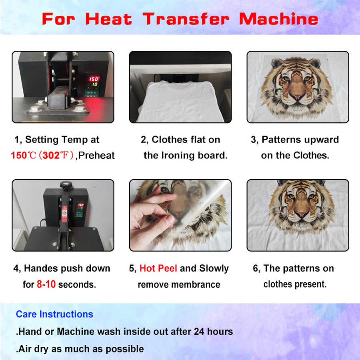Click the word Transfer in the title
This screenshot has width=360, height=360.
tap(188, 19)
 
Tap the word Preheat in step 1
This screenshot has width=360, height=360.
tap(96, 155)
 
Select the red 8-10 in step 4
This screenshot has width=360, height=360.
tap(46, 284)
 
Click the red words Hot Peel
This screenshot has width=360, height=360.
tap(158, 268)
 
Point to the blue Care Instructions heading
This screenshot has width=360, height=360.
tap(54, 314)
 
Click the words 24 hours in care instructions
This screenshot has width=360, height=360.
tap(213, 331)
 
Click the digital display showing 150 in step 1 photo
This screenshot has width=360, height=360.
tap(93, 79)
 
